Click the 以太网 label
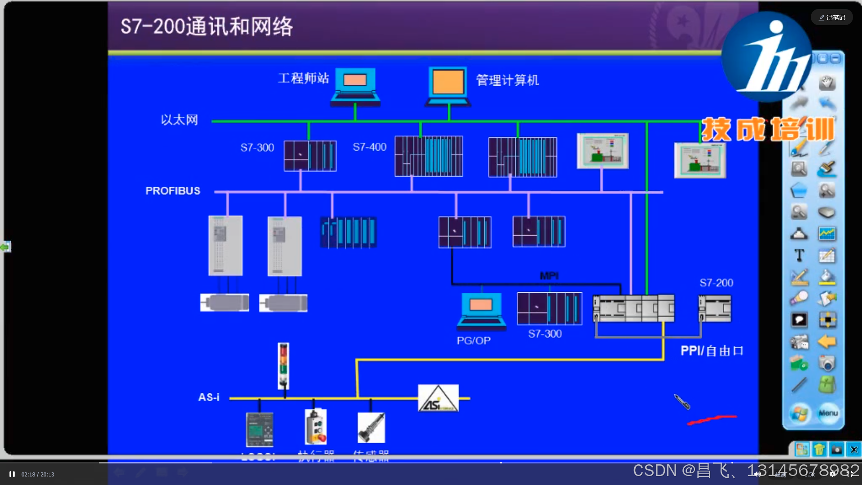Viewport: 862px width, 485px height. click(x=179, y=120)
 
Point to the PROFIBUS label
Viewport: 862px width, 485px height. click(x=173, y=191)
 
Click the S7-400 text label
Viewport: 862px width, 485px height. click(x=369, y=147)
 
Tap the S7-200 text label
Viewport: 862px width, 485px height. click(x=716, y=283)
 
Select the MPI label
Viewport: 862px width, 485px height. click(x=549, y=276)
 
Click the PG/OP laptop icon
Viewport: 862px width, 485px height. click(x=481, y=311)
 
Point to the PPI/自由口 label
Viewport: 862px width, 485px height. click(x=712, y=351)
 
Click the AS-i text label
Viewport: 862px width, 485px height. click(x=209, y=397)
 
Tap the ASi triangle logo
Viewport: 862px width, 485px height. click(x=438, y=398)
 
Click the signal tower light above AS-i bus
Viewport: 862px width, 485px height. click(x=283, y=366)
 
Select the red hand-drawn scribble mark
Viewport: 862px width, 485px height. click(x=712, y=419)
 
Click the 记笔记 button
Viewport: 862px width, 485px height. click(x=831, y=18)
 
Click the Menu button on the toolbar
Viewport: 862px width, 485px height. click(x=828, y=413)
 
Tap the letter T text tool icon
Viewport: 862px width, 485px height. click(x=799, y=255)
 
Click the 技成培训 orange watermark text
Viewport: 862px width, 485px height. click(x=768, y=130)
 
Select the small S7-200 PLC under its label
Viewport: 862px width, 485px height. click(x=715, y=309)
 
